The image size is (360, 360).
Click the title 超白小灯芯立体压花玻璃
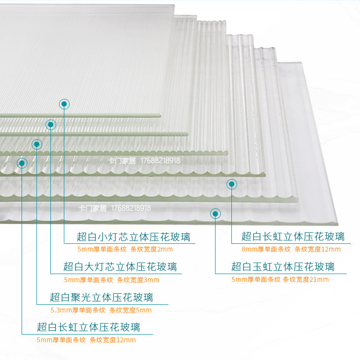click(133, 237)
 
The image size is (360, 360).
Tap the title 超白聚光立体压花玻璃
click(101, 297)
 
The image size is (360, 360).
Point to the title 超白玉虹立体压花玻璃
click(283, 266)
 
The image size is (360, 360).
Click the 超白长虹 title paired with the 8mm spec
click(293, 236)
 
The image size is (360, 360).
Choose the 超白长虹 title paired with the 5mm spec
click(88, 327)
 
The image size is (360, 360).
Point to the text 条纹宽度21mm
click(306, 279)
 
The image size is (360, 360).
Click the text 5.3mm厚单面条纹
click(78, 310)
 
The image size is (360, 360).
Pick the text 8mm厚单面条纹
click(265, 249)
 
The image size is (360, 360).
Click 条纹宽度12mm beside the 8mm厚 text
click(317, 249)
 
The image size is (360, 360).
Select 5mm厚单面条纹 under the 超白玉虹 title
click(256, 279)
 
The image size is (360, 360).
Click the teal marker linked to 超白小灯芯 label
click(64, 104)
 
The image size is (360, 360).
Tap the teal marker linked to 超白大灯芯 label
click(51, 125)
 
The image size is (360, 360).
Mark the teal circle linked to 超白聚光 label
click(36, 144)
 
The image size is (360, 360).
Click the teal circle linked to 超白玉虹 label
click(216, 214)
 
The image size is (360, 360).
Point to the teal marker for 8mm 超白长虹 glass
click(232, 184)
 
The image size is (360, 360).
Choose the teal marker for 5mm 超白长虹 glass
click(22, 163)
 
